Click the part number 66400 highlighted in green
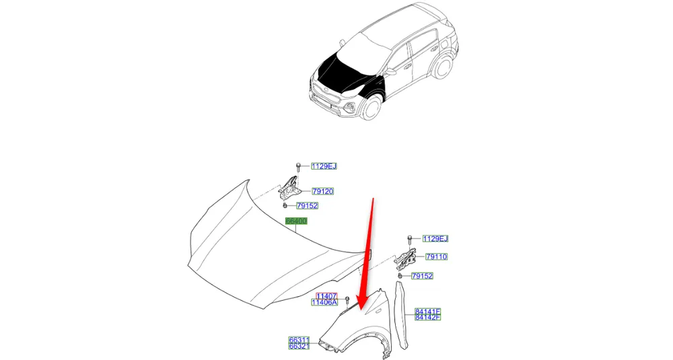pyautogui.click(x=296, y=221)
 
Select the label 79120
pyautogui.click(x=322, y=191)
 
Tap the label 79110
pyautogui.click(x=437, y=256)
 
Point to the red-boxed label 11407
pyautogui.click(x=326, y=296)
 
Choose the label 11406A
pyautogui.click(x=324, y=302)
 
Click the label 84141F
pyautogui.click(x=428, y=312)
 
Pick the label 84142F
pyautogui.click(x=428, y=317)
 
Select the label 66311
pyautogui.click(x=299, y=340)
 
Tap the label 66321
pyautogui.click(x=299, y=346)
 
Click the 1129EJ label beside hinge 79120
pyautogui.click(x=324, y=166)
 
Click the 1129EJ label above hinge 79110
pyautogui.click(x=435, y=239)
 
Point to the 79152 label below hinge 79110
pyautogui.click(x=423, y=276)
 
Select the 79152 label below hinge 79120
pyautogui.click(x=308, y=205)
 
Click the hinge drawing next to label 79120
pyautogui.click(x=289, y=188)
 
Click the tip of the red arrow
pyautogui.click(x=359, y=310)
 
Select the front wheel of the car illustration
pyautogui.click(x=371, y=107)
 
